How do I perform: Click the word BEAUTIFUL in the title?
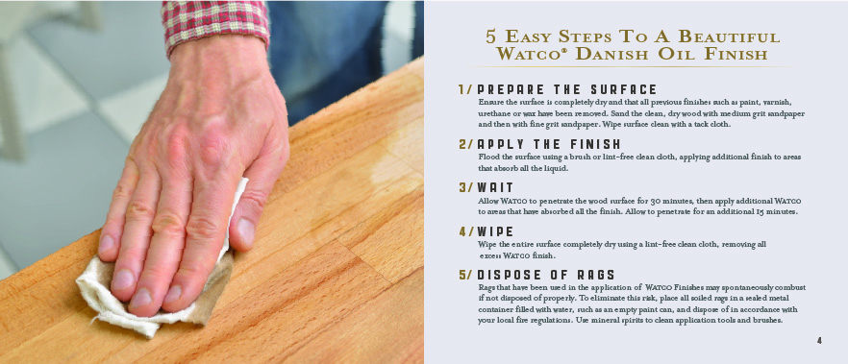[729, 36]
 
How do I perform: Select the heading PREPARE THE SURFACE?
[567, 89]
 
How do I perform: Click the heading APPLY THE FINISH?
[549, 144]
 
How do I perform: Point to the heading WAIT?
[495, 187]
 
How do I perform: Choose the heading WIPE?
[495, 231]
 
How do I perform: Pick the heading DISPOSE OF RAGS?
[546, 275]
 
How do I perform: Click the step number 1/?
[465, 89]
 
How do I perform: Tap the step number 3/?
[465, 187]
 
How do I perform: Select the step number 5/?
[465, 275]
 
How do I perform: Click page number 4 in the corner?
[820, 341]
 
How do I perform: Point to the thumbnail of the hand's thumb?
[246, 231]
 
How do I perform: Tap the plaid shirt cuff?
[215, 24]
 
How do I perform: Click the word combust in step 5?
[788, 287]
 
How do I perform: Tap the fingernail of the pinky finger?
[107, 244]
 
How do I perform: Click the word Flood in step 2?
[488, 158]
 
